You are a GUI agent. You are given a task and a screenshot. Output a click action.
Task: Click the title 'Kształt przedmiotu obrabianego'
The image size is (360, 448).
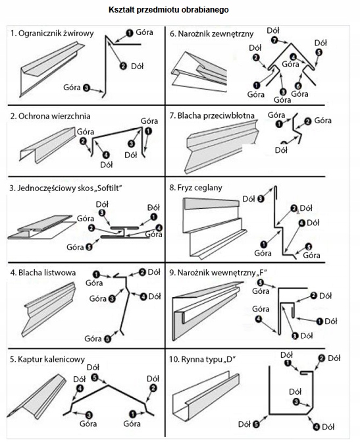[168, 10]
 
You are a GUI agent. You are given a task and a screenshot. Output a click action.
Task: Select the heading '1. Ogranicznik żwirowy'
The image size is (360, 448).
[52, 34]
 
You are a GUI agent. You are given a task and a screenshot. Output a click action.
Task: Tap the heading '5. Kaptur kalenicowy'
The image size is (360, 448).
[47, 359]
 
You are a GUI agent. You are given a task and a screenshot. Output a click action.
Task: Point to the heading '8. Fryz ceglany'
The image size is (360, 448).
[195, 188]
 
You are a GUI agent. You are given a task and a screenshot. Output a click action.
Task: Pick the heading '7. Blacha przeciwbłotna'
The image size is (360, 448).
[211, 116]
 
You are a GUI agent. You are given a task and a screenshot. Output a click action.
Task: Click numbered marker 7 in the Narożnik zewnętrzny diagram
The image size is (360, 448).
[274, 40]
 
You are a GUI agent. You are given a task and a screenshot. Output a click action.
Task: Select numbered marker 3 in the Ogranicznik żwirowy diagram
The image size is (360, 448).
[86, 88]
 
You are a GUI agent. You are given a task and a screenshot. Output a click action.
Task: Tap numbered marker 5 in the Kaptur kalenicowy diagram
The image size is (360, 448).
[95, 378]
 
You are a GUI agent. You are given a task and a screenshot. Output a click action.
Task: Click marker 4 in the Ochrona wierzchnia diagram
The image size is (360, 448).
[105, 155]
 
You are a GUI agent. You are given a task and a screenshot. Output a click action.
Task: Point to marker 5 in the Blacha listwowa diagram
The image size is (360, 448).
[107, 339]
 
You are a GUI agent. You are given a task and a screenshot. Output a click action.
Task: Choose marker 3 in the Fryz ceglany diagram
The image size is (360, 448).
[261, 199]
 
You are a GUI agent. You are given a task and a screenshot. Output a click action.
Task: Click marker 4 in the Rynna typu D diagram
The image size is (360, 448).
[317, 427]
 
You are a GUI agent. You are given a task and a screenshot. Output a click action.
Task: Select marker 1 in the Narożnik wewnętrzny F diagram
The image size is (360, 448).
[319, 322]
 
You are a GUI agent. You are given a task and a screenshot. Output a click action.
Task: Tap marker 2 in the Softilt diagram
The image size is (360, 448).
[91, 228]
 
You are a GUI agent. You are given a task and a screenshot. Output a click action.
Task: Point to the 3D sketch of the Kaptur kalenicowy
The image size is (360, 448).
[37, 397]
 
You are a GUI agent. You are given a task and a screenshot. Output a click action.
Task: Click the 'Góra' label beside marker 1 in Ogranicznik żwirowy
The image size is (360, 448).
[144, 32]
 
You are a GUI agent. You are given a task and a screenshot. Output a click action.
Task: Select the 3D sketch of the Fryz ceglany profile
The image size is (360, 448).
[215, 229]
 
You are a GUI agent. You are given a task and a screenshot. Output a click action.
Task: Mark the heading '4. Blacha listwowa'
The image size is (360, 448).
[43, 273]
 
